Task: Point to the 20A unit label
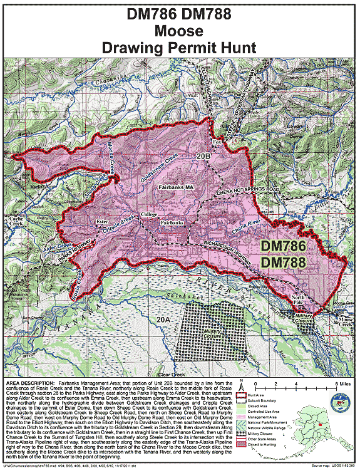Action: (163, 320)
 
